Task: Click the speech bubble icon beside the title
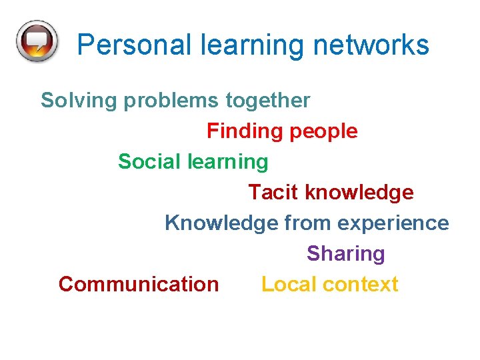tap(37, 41)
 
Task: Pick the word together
tap(267, 101)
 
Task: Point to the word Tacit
tap(273, 193)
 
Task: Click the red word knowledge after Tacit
tap(359, 193)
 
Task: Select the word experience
tap(393, 223)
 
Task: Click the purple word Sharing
tap(345, 254)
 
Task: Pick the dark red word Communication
tap(139, 284)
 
